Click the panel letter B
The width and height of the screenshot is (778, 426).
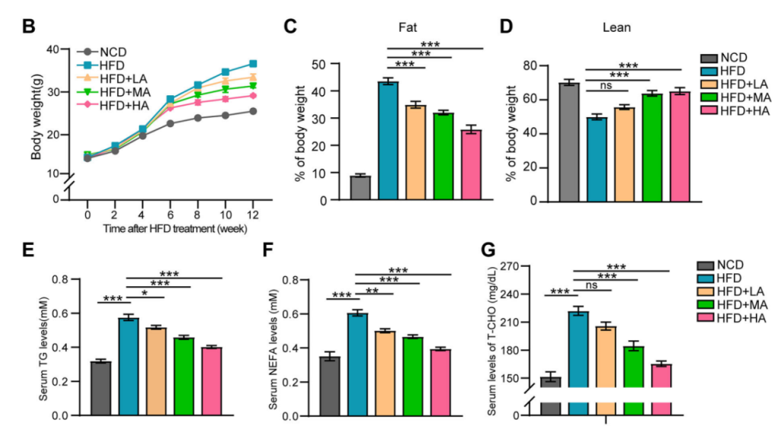coord(29,26)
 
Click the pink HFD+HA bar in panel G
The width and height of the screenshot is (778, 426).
coord(661,389)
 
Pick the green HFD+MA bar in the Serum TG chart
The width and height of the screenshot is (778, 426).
coord(182,377)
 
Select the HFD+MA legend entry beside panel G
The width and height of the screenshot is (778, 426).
coord(738,304)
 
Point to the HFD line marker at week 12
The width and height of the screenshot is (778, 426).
coord(252,64)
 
